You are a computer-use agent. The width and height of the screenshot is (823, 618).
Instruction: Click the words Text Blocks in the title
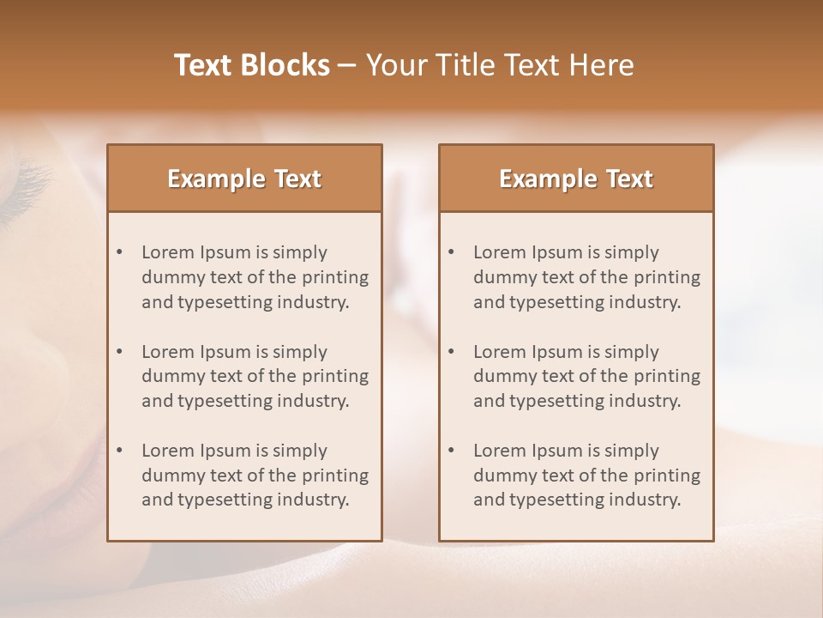pyautogui.click(x=252, y=65)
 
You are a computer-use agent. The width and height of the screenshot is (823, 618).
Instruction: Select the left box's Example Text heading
pyautogui.click(x=244, y=179)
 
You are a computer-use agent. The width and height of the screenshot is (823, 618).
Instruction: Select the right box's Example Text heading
pyautogui.click(x=576, y=179)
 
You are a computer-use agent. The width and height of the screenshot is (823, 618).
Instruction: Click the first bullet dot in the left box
pyautogui.click(x=120, y=252)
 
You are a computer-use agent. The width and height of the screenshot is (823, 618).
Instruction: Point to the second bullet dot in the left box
pyautogui.click(x=120, y=352)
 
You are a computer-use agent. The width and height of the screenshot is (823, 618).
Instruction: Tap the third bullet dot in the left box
pyautogui.click(x=120, y=451)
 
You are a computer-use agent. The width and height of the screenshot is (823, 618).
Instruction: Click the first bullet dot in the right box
pyautogui.click(x=452, y=252)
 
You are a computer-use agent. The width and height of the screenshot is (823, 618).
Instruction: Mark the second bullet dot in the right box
pyautogui.click(x=452, y=352)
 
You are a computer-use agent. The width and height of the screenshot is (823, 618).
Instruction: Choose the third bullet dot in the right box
pyautogui.click(x=452, y=451)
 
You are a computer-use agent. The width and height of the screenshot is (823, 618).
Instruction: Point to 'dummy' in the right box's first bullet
pyautogui.click(x=502, y=277)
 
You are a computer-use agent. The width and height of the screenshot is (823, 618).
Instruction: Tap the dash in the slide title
pyautogui.click(x=347, y=65)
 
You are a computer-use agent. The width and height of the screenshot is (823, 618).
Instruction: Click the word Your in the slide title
pyautogui.click(x=395, y=65)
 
